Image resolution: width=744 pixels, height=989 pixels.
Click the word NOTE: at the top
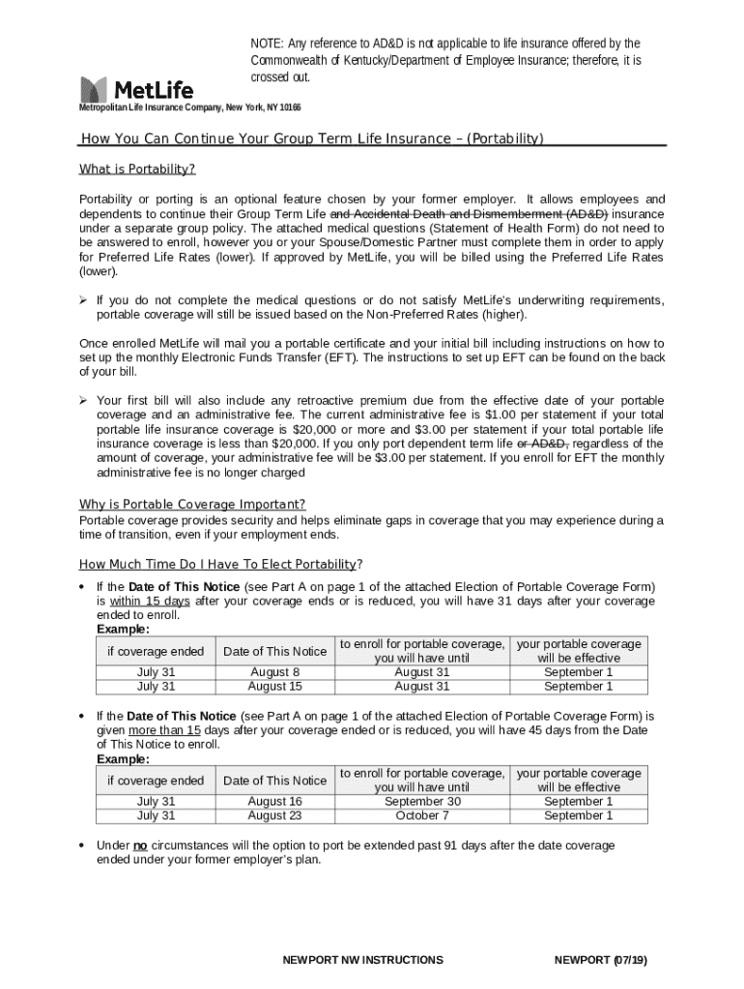pyautogui.click(x=268, y=43)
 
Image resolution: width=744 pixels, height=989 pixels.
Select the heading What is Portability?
pyautogui.click(x=137, y=170)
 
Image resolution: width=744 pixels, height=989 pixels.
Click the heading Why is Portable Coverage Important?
pyautogui.click(x=192, y=504)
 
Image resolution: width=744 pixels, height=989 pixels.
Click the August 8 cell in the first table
pyautogui.click(x=274, y=672)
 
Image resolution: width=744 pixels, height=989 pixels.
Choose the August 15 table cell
pyautogui.click(x=274, y=687)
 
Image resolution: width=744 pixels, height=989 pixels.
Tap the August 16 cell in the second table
pyautogui.click(x=274, y=802)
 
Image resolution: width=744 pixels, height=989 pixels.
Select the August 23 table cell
pyautogui.click(x=274, y=816)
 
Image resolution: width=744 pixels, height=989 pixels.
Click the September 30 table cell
pyautogui.click(x=422, y=802)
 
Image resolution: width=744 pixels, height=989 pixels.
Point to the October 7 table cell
pyautogui.click(x=422, y=816)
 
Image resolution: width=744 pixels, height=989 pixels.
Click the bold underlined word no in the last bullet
pyautogui.click(x=140, y=845)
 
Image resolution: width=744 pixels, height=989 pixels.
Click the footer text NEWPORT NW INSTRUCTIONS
pyautogui.click(x=362, y=960)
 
